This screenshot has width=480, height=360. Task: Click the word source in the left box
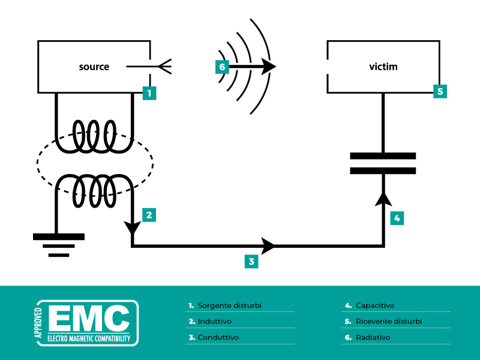pyautogui.click(x=94, y=67)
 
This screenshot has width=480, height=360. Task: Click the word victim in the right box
pyautogui.click(x=383, y=67)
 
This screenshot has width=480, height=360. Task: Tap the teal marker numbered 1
pyautogui.click(x=149, y=92)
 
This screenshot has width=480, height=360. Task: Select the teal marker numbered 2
pyautogui.click(x=149, y=214)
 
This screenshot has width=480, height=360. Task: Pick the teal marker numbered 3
pyautogui.click(x=251, y=261)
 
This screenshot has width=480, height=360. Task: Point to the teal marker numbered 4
pyautogui.click(x=396, y=218)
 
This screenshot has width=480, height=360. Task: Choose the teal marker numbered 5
pyautogui.click(x=440, y=91)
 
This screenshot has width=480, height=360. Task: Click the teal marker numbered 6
pyautogui.click(x=222, y=67)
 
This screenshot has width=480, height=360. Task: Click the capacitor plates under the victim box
pyautogui.click(x=383, y=163)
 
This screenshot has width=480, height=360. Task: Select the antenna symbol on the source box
pyautogui.click(x=164, y=66)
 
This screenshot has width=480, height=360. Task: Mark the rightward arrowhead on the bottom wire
pyautogui.click(x=268, y=245)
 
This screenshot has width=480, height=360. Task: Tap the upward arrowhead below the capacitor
pyautogui.click(x=383, y=197)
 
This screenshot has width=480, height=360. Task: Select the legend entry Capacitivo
pyautogui.click(x=374, y=305)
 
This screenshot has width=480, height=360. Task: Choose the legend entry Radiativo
pyautogui.click(x=373, y=337)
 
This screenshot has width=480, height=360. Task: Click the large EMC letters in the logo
pyautogui.click(x=89, y=318)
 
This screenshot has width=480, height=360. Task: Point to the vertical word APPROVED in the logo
pyautogui.click(x=40, y=324)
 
